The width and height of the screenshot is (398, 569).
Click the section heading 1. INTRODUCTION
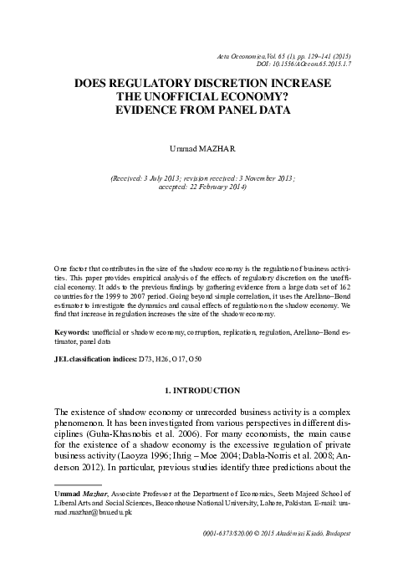pos(198,391)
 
